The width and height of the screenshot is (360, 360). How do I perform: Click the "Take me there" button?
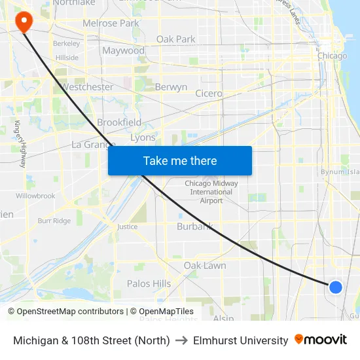[x=180, y=161]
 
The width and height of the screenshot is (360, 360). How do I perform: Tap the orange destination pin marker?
[x=24, y=22]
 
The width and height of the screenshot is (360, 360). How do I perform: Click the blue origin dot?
[x=335, y=287]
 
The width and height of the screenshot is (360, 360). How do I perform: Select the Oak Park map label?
[x=175, y=39]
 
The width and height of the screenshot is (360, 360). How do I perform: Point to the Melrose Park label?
[x=111, y=24]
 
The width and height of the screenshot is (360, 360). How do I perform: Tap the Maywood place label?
[x=123, y=50]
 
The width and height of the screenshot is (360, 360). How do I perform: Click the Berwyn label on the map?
[x=171, y=86]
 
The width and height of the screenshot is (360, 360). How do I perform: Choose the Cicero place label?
[x=209, y=94]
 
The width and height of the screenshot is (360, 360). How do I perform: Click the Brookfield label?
[x=119, y=122]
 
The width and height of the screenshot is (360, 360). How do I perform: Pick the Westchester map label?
[x=86, y=86]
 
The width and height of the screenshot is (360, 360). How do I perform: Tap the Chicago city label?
[x=332, y=56]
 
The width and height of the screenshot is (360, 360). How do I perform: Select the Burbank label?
[x=195, y=226]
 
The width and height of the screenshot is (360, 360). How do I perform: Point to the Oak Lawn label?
[x=205, y=266]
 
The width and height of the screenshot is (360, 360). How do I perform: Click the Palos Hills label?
[x=149, y=283]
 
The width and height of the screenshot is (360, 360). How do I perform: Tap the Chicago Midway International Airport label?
[x=211, y=192]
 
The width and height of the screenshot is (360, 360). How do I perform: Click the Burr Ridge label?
[x=54, y=221]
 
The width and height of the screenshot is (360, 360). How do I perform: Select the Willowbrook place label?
[x=35, y=196]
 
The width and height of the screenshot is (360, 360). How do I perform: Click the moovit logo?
[x=321, y=340]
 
